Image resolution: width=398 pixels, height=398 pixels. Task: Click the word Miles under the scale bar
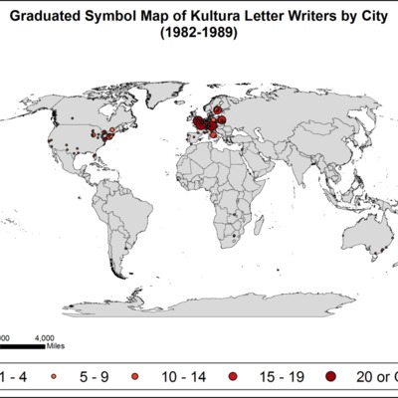pyautogui.click(x=56, y=348)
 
